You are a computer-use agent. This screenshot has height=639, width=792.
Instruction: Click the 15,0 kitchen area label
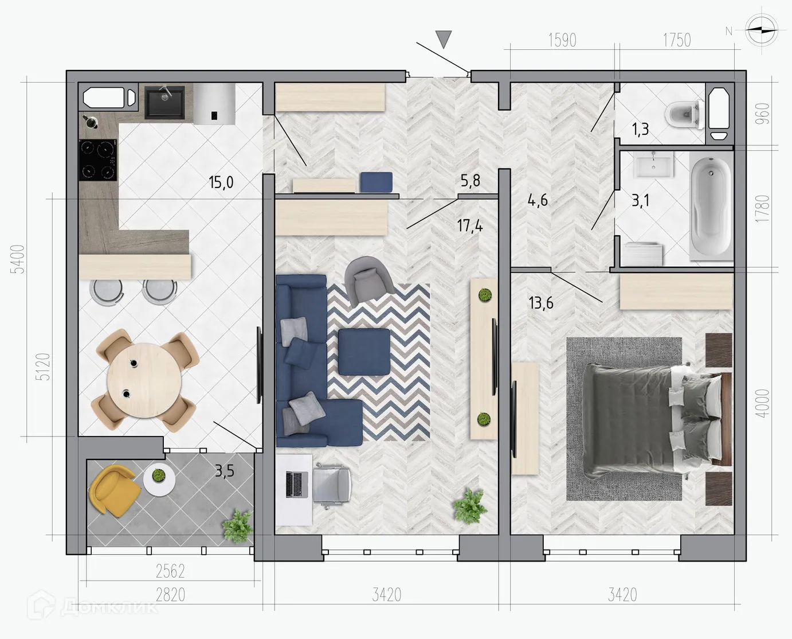(x=221, y=183)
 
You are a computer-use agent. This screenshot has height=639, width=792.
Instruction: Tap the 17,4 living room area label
(x=469, y=225)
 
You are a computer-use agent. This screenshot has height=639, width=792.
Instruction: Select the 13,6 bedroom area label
(x=540, y=302)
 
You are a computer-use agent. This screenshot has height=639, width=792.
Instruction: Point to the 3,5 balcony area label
(x=224, y=472)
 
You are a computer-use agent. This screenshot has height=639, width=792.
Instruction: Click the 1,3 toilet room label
(x=640, y=130)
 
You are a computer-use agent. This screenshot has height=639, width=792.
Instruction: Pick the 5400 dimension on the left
(x=19, y=259)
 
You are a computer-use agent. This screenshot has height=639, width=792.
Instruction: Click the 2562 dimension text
(x=171, y=571)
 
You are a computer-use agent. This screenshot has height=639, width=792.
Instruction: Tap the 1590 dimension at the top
(x=562, y=40)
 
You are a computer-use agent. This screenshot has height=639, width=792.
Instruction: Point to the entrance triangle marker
(x=444, y=38)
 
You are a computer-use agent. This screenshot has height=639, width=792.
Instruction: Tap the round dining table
(x=143, y=379)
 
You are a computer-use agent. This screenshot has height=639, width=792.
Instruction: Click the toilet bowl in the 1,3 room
(x=684, y=113)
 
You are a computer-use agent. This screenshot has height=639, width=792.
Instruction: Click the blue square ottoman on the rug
(x=364, y=352)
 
